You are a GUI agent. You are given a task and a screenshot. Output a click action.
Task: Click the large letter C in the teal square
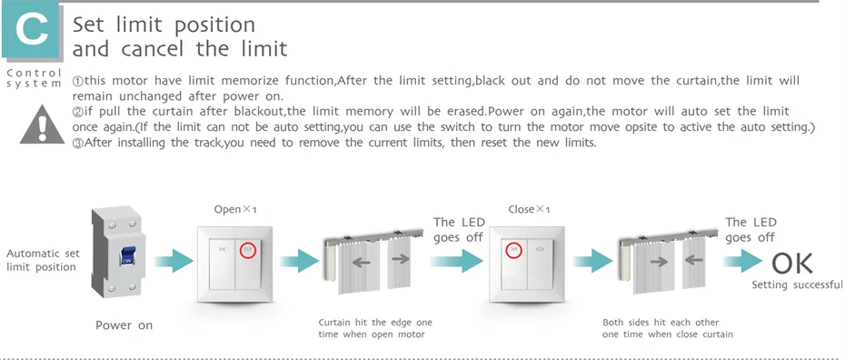point(32,31)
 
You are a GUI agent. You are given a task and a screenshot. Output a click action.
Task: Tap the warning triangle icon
point(42,125)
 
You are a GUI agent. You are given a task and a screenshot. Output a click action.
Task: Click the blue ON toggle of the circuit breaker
point(128,255)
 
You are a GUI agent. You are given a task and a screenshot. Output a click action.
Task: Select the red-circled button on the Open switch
point(248,249)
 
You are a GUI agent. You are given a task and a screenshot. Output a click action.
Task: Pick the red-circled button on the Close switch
point(514,249)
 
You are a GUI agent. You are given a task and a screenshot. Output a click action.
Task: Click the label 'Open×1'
point(235,209)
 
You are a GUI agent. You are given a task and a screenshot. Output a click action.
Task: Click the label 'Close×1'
point(529,209)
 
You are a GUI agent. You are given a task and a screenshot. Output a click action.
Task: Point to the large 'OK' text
point(791,264)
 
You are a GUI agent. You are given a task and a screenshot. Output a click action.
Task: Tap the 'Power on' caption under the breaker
point(124,325)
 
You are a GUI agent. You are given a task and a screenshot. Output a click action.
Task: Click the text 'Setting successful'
point(797,285)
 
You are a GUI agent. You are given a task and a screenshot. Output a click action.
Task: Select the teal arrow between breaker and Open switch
point(174,262)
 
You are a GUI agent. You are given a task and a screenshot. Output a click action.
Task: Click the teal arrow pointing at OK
point(742,262)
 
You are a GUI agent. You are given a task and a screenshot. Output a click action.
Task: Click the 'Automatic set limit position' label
point(43,260)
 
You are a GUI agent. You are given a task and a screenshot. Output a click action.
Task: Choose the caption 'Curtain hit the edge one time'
point(375,328)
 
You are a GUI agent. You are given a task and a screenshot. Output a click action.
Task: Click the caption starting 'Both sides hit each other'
point(668,328)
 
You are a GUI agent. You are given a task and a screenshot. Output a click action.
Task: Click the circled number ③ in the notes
point(77,143)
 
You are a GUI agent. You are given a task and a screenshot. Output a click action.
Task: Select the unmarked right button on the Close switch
point(540,264)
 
